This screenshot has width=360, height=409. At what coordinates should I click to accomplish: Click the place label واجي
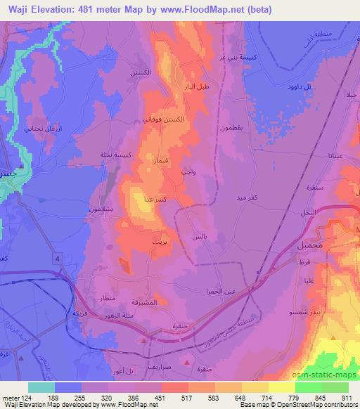[x=188, y=172]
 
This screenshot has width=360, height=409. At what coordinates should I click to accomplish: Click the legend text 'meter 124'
[x=16, y=397]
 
